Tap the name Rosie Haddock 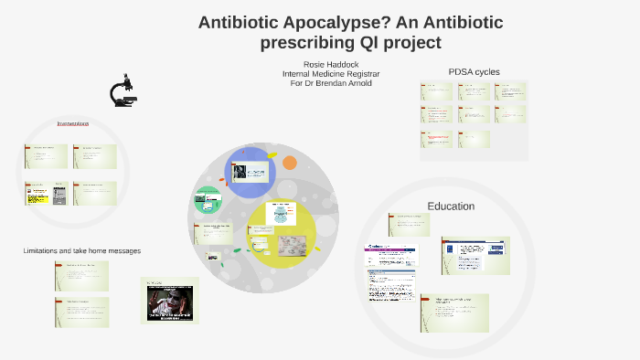(x=330, y=64)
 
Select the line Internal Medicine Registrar (x=330, y=74)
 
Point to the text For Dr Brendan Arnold (x=330, y=83)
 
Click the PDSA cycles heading (x=474, y=72)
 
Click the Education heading (x=451, y=206)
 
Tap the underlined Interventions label (x=72, y=123)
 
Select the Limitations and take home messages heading (x=81, y=250)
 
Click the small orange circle (x=290, y=164)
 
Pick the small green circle (x=207, y=200)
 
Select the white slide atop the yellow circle (x=282, y=214)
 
